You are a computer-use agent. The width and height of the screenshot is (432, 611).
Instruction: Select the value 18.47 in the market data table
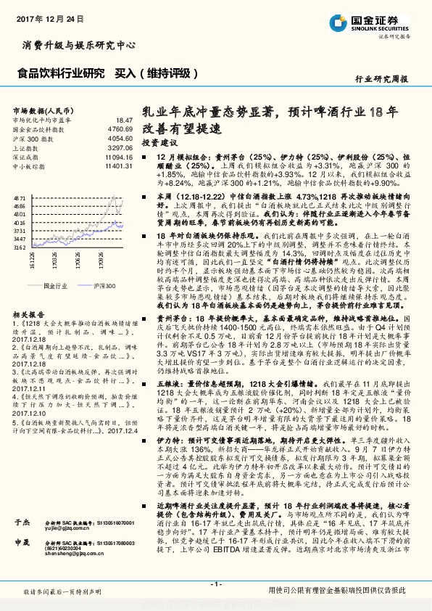coord(124,120)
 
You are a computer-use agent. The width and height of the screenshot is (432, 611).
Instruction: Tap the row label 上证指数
coord(28,147)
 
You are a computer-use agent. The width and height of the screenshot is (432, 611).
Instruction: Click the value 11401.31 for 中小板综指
coord(119,165)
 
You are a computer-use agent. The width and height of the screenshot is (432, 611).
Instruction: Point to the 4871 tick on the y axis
coord(20,197)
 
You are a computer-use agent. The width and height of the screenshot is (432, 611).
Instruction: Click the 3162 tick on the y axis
coord(20,247)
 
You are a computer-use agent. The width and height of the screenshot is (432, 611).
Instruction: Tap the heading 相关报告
coord(28,313)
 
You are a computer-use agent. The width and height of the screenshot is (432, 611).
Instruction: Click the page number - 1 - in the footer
coord(215,583)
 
